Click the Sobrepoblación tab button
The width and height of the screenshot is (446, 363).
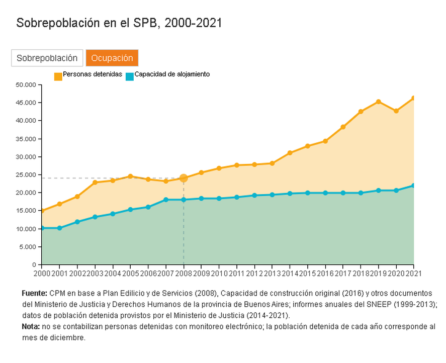(x=47, y=58)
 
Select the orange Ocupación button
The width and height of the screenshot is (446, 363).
(x=112, y=58)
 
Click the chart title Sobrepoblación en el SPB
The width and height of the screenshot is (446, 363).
(x=119, y=23)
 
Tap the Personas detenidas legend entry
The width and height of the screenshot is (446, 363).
(x=88, y=74)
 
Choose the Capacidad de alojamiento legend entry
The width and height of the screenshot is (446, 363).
(x=167, y=74)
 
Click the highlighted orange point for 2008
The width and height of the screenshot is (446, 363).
(x=184, y=178)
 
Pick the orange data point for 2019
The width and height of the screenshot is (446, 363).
(x=378, y=102)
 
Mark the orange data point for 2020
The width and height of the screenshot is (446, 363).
(x=396, y=111)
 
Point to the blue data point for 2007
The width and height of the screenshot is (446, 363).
(x=166, y=200)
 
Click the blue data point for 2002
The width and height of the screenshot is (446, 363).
(x=77, y=222)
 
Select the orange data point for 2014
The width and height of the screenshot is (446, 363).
(x=290, y=153)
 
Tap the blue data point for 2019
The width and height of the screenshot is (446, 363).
(x=378, y=191)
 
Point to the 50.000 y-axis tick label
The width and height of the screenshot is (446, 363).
(x=26, y=84)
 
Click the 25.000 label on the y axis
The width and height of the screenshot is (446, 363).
(x=26, y=174)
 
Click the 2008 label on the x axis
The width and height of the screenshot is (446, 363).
(x=184, y=273)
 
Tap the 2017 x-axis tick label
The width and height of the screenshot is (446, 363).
(x=343, y=273)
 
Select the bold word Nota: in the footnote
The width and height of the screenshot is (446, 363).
(x=31, y=326)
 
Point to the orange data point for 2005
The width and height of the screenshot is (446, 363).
(x=130, y=176)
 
